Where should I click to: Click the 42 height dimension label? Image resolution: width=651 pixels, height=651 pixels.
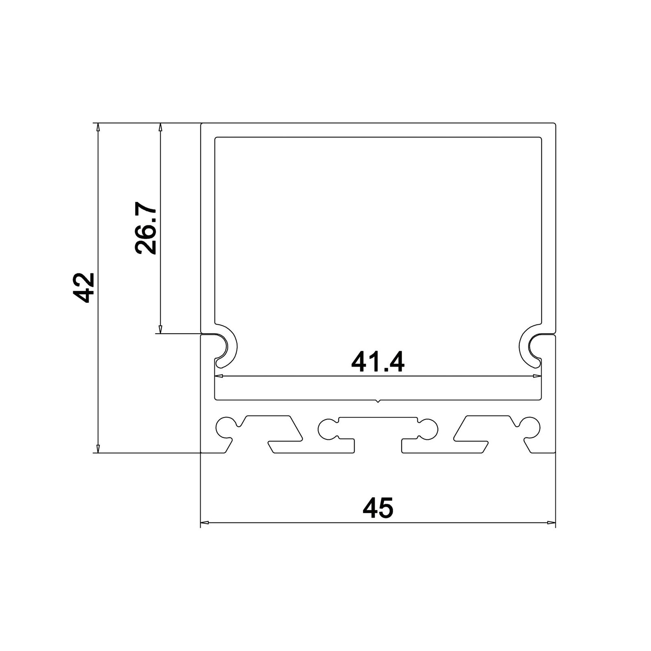tap(86, 287)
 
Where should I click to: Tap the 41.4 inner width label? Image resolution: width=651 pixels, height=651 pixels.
tap(378, 362)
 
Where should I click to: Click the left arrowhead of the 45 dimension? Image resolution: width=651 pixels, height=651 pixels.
tap(205, 522)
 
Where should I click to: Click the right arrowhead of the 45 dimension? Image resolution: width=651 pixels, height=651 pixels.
tap(551, 522)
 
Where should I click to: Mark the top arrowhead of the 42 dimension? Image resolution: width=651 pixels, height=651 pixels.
tap(98, 127)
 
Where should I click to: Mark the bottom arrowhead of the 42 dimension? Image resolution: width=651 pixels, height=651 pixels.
tap(98, 448)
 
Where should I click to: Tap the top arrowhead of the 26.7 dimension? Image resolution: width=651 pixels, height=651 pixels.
tap(161, 127)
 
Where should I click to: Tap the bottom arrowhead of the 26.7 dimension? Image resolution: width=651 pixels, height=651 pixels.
tap(161, 330)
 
